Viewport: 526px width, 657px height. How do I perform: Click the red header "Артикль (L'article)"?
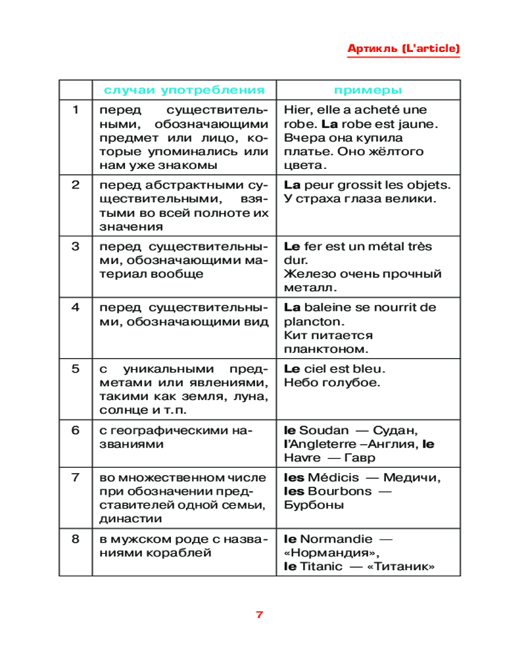pyautogui.click(x=403, y=49)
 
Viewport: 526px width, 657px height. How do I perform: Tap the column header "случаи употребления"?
pyautogui.click(x=184, y=90)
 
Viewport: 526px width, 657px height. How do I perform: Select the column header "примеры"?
pyautogui.click(x=368, y=90)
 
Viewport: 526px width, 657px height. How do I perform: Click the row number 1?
pyautogui.click(x=76, y=110)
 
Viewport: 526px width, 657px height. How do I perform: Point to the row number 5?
pyautogui.click(x=76, y=369)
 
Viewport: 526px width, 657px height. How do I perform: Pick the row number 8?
pyautogui.click(x=76, y=539)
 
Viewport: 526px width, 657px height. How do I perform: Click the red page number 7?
pyautogui.click(x=259, y=615)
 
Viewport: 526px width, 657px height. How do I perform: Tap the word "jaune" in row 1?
pyautogui.click(x=420, y=124)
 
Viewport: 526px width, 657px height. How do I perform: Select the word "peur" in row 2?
pyautogui.click(x=320, y=185)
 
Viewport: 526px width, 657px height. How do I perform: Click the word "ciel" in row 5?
pyautogui.click(x=316, y=369)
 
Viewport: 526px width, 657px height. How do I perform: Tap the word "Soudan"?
pyautogui.click(x=323, y=430)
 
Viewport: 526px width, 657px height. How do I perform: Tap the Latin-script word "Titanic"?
pyautogui.click(x=322, y=566)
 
